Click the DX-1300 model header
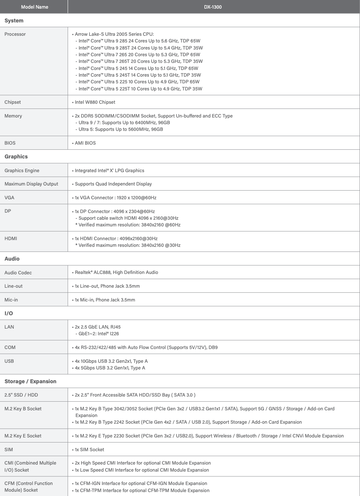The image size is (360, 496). (x=213, y=7)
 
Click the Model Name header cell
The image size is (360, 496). (x=34, y=7)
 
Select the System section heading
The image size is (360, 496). (x=14, y=20)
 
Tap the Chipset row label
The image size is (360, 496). (x=13, y=102)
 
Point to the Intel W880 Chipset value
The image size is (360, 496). (x=95, y=102)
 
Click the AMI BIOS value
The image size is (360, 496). (x=85, y=143)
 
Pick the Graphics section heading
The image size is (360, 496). (x=16, y=156)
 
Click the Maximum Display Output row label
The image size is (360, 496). (x=31, y=184)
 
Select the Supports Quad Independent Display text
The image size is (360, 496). (x=113, y=184)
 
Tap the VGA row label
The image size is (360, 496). (x=9, y=198)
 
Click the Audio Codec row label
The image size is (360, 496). (x=18, y=272)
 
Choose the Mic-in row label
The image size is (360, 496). (x=11, y=300)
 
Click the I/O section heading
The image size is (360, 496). (x=9, y=313)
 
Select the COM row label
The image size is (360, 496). (x=10, y=347)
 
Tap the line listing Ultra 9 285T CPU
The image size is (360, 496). (x=139, y=48)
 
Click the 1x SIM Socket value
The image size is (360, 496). (x=89, y=449)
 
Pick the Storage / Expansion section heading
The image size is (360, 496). (x=30, y=381)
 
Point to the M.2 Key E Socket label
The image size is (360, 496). (x=23, y=436)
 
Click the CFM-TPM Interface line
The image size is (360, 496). (x=142, y=490)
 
